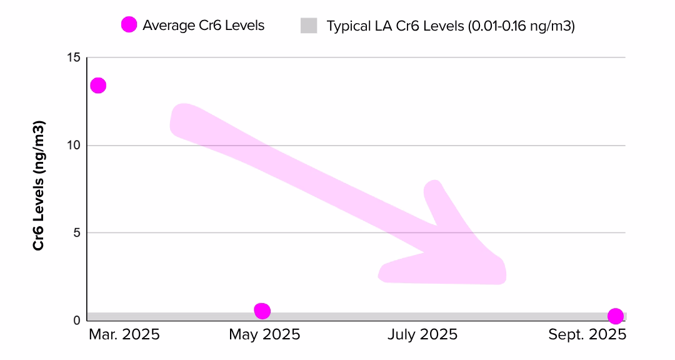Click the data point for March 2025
tap(98, 86)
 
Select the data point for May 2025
tap(262, 311)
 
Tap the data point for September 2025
tap(616, 316)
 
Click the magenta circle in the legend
tap(129, 26)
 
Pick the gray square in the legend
tap(309, 26)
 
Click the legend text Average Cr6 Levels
tap(203, 26)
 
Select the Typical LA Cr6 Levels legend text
tap(450, 26)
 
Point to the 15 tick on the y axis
tap(74, 58)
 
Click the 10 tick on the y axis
tap(74, 146)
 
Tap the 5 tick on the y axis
tap(77, 233)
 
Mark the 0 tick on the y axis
tap(77, 321)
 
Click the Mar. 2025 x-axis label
tap(124, 335)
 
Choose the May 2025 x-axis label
tap(264, 335)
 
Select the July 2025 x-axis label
tap(422, 335)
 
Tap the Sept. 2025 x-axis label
tap(587, 335)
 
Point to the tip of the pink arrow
tap(500, 275)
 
